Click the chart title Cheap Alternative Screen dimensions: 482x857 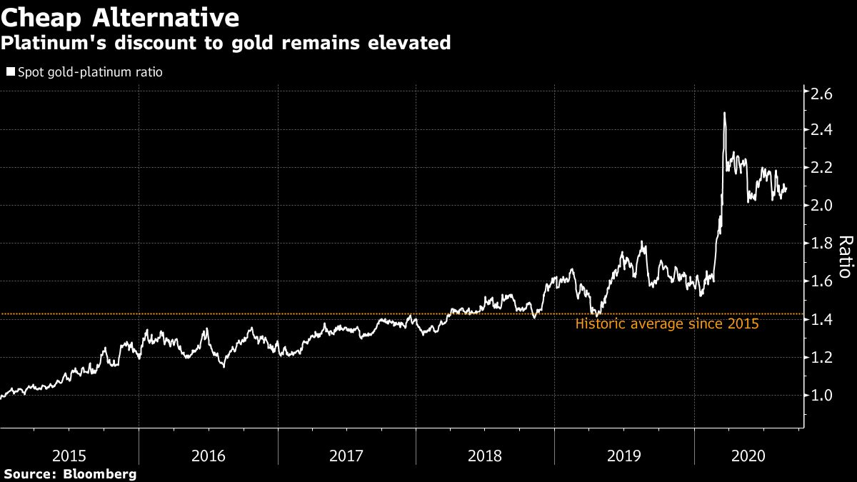pyautogui.click(x=120, y=16)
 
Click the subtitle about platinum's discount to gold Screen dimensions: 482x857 pyautogui.click(x=226, y=44)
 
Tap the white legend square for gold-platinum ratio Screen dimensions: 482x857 pyautogui.click(x=10, y=72)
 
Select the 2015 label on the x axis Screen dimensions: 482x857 pyautogui.click(x=70, y=455)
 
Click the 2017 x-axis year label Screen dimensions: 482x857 pyautogui.click(x=347, y=455)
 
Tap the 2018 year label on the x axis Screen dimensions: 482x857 pyautogui.click(x=486, y=455)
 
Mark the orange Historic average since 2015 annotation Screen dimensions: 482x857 pyautogui.click(x=667, y=324)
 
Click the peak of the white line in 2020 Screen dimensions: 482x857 pyautogui.click(x=725, y=113)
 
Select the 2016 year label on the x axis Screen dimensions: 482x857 pyautogui.click(x=209, y=455)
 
